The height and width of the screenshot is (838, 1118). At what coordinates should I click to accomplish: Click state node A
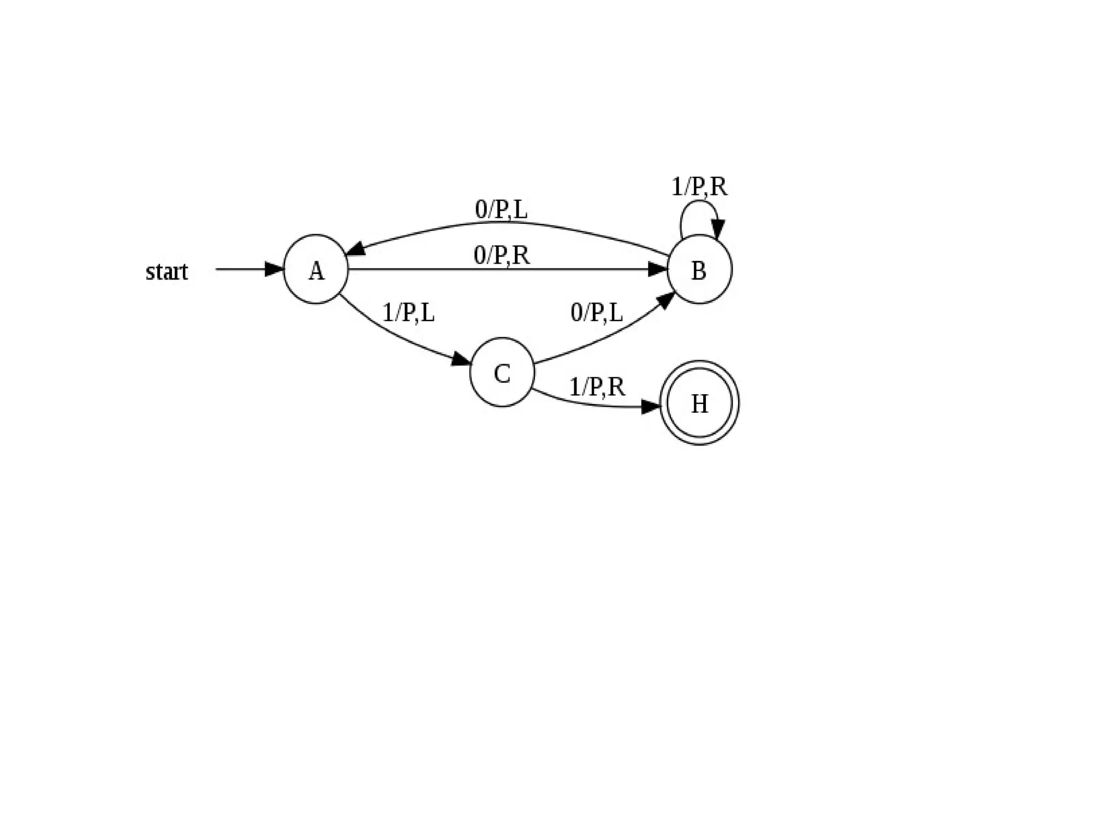pos(316,269)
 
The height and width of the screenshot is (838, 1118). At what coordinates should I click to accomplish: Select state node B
pos(699,269)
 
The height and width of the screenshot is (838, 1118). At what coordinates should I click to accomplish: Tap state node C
pos(502,372)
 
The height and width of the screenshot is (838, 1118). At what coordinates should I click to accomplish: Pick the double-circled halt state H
pos(699,403)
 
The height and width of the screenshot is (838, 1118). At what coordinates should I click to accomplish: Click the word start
pos(166,271)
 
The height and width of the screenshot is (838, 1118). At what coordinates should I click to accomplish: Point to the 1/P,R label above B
pos(699,187)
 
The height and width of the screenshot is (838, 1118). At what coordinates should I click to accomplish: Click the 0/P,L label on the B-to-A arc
pos(501,209)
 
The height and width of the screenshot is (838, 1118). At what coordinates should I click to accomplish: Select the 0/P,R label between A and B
pos(501,255)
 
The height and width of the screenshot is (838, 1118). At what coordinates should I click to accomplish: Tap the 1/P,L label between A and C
pos(408,313)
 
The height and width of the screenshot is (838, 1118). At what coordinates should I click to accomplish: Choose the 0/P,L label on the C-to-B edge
pos(596,313)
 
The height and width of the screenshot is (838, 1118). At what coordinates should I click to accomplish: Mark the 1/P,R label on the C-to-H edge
pos(597,387)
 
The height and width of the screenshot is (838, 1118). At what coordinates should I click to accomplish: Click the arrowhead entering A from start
pos(274,269)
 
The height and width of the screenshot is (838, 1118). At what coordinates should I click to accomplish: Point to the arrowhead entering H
pos(651,407)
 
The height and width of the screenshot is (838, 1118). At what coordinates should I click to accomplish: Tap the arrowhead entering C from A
pos(461,359)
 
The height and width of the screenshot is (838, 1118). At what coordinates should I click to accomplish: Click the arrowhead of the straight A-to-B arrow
pos(658,269)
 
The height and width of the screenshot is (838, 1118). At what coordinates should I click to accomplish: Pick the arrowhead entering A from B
pos(356,249)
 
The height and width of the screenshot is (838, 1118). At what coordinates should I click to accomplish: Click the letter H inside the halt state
pos(699,404)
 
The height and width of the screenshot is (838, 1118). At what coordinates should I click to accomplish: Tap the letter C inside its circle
pos(502,374)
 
